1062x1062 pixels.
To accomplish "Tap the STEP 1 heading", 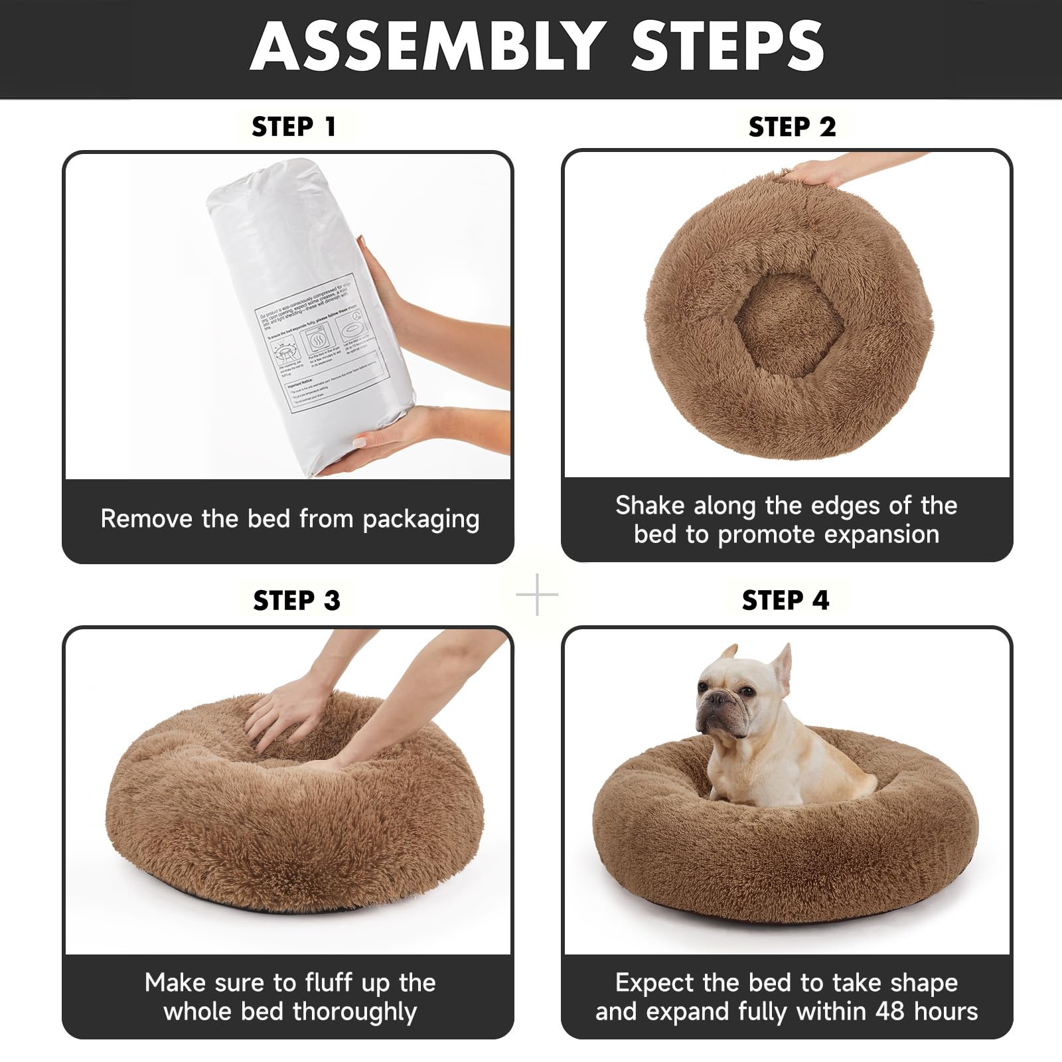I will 294,127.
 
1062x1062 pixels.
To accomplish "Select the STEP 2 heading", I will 792,127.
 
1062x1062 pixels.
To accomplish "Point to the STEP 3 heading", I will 296,601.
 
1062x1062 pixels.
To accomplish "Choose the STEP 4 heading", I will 785,601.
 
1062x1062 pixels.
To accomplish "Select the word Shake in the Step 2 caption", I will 650,506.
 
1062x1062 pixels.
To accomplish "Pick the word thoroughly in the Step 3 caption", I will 354,1012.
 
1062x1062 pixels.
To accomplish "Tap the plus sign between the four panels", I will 537,595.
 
